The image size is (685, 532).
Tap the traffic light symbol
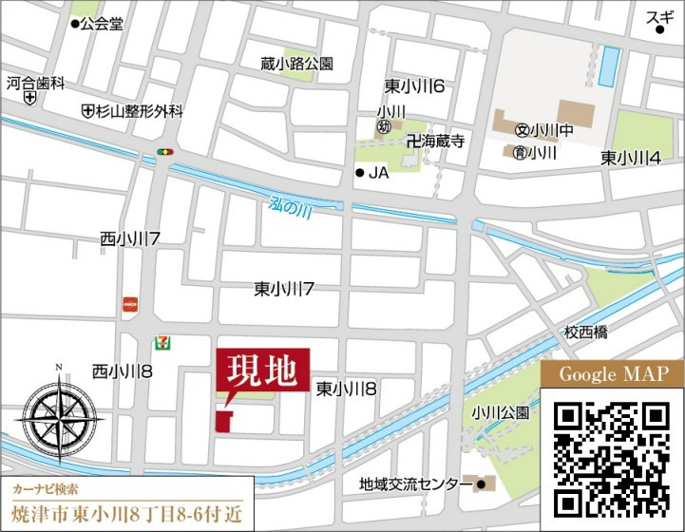coord(168,150)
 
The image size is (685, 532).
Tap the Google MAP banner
coord(613,374)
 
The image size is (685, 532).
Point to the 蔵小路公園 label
coord(297,64)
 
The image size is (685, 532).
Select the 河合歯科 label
coord(35,84)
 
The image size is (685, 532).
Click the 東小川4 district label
coord(631,157)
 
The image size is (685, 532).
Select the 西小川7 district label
coord(128,241)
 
